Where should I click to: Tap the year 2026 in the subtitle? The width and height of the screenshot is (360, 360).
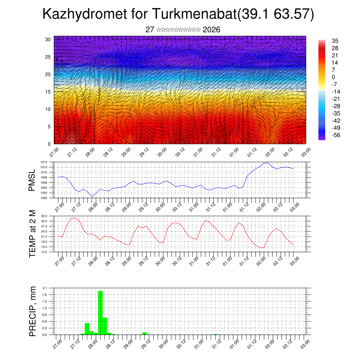(x=211, y=30)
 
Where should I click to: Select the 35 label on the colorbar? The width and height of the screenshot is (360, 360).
(x=335, y=41)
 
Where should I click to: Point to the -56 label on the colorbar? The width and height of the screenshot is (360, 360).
(x=336, y=135)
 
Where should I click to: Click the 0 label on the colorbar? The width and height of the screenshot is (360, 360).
(x=333, y=77)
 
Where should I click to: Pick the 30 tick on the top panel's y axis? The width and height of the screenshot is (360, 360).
(x=48, y=39)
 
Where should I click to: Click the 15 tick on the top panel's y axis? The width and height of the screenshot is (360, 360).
(x=48, y=92)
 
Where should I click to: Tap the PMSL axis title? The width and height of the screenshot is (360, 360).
(x=32, y=180)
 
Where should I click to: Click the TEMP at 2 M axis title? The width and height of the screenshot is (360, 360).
(x=32, y=234)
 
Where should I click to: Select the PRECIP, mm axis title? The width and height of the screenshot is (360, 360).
(x=32, y=311)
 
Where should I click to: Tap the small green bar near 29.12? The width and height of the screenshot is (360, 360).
(x=144, y=333)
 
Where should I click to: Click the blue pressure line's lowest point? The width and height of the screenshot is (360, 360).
(x=92, y=197)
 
